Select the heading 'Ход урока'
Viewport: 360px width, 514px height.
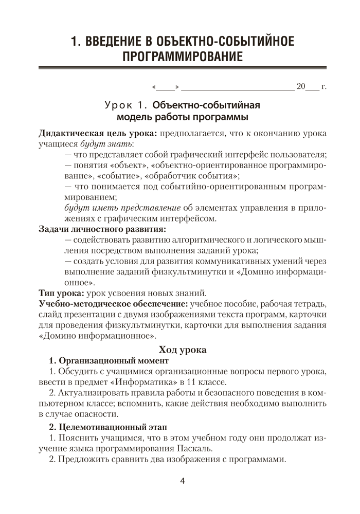pos(183,350)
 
